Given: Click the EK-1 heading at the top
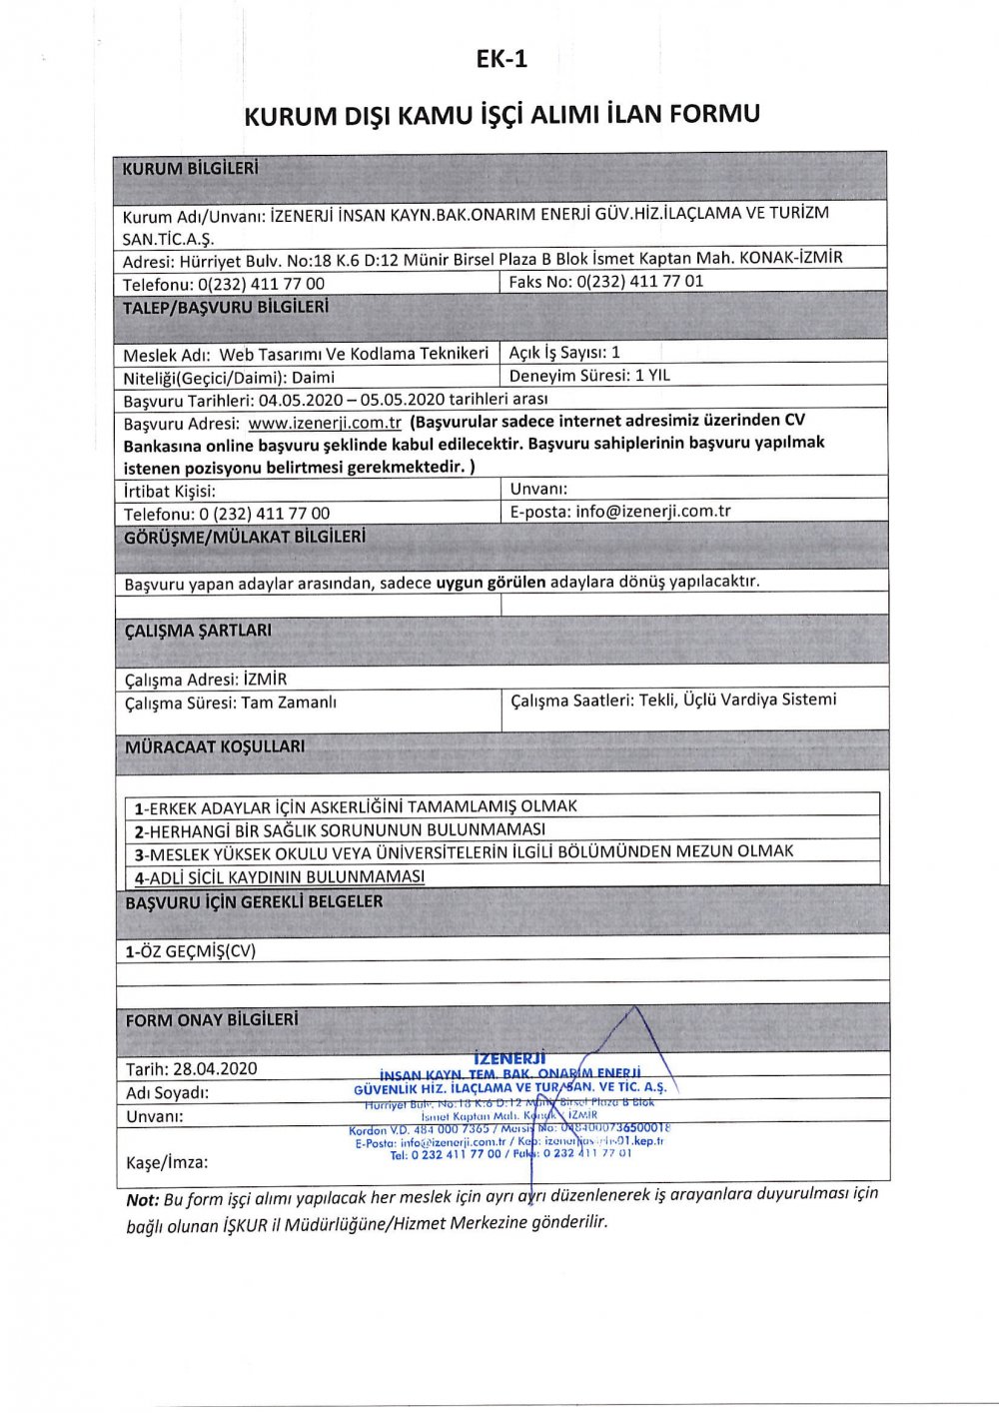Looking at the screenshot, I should [500, 60].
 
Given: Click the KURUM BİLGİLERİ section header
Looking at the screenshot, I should [190, 169].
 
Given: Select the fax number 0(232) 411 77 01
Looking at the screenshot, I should [639, 282].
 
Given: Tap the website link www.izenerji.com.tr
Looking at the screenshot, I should [325, 423].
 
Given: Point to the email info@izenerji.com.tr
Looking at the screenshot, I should [653, 511].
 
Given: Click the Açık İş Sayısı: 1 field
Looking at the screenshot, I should [564, 353].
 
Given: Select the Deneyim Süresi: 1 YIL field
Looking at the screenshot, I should [589, 377].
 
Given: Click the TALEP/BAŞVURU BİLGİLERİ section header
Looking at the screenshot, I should [225, 308].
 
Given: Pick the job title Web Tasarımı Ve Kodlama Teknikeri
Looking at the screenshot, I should [354, 354].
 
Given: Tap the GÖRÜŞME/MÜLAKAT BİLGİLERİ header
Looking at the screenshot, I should [245, 538].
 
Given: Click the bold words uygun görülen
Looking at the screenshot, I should [491, 582].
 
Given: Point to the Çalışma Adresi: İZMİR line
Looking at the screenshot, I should [206, 680].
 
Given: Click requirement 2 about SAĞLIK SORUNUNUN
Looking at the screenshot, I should [340, 829].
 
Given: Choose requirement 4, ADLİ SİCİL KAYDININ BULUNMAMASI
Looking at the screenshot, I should [280, 876].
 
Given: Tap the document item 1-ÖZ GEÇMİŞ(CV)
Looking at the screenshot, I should [190, 951].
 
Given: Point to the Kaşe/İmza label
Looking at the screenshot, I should [167, 1162].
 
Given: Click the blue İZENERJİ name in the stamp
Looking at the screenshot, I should [509, 1057].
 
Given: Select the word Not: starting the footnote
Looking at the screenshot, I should [142, 1199].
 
